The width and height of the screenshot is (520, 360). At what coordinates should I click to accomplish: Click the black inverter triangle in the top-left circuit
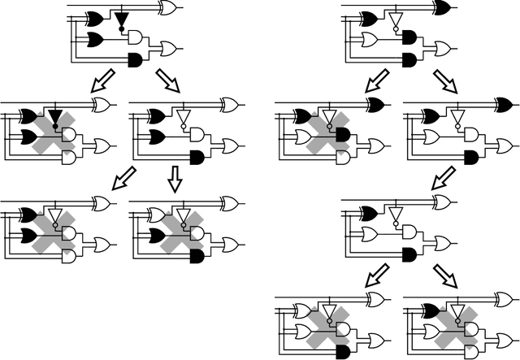(x=122, y=19)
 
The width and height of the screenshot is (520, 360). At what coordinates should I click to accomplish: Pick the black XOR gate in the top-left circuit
(x=93, y=18)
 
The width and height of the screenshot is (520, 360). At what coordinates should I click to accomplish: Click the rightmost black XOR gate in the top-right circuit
(x=444, y=8)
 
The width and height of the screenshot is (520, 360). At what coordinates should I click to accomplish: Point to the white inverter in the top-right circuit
(x=396, y=20)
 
